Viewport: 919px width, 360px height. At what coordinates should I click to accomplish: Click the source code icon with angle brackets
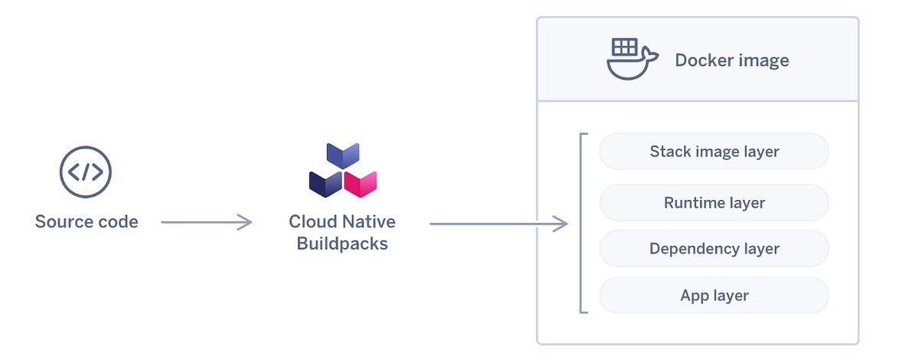(86, 172)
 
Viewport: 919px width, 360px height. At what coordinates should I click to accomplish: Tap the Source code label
(87, 222)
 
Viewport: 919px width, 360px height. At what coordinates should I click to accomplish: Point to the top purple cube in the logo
(343, 155)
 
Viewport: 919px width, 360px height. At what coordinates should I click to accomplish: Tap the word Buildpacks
(342, 244)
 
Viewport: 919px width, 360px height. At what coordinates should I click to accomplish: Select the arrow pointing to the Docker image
(498, 224)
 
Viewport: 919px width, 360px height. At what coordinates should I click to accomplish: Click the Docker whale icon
(632, 60)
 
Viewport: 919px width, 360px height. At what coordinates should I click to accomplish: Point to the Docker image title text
(731, 61)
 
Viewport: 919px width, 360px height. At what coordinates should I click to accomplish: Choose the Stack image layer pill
(714, 151)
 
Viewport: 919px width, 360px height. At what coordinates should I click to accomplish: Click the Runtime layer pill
(714, 203)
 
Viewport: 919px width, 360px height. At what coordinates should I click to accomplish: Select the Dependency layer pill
(714, 249)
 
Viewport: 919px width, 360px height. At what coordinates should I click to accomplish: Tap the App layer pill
(714, 296)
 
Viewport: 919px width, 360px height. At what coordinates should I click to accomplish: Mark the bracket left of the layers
(582, 223)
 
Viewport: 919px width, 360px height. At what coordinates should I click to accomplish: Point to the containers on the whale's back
(625, 47)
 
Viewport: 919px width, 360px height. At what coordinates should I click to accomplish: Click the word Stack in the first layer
(669, 151)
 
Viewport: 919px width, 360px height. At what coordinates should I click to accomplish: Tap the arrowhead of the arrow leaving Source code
(245, 222)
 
